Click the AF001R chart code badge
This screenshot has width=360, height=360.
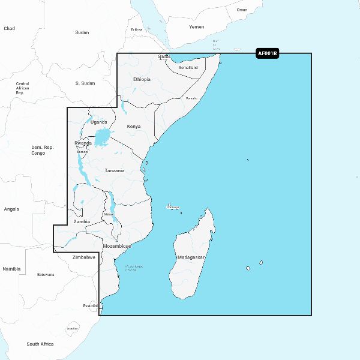click(x=267, y=54)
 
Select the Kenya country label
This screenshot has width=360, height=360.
click(x=134, y=127)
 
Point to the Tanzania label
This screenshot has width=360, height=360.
click(x=115, y=170)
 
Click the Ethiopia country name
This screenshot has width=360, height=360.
click(x=142, y=79)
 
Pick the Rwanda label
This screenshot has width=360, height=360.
click(x=83, y=143)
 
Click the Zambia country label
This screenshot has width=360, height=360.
click(x=82, y=221)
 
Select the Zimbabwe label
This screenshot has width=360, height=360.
click(x=84, y=257)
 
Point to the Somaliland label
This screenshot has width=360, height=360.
click(x=188, y=68)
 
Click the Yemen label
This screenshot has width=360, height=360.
click(x=197, y=27)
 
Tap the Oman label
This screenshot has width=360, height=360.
click(x=242, y=10)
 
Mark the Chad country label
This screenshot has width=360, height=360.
click(x=9, y=28)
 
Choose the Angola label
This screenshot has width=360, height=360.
click(x=11, y=209)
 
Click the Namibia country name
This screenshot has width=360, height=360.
click(x=11, y=269)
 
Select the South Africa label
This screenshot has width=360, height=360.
click(x=40, y=344)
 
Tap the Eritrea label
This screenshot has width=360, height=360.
click(x=137, y=29)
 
